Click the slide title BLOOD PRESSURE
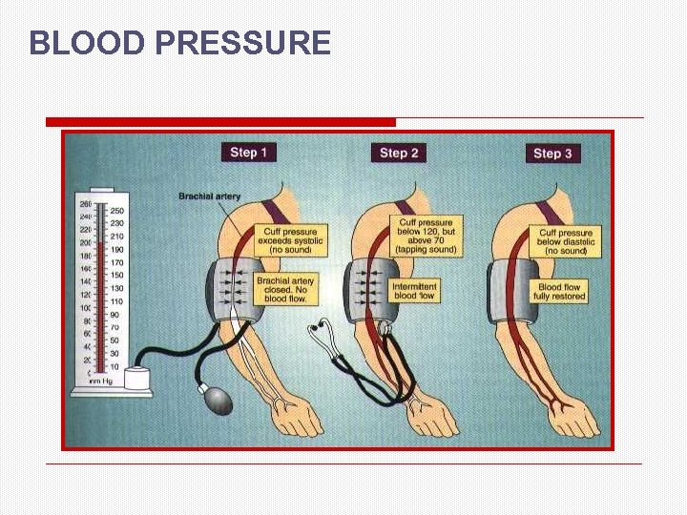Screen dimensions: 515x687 (x=179, y=43)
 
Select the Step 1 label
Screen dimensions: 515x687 (x=248, y=152)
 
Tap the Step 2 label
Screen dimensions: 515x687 (x=399, y=153)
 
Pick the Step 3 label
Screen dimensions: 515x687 (x=552, y=154)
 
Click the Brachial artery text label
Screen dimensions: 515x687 (x=209, y=196)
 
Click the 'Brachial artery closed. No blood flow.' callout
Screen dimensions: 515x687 (x=285, y=290)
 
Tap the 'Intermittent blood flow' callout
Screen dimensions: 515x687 (x=415, y=291)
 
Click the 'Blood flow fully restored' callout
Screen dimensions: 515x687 (x=560, y=292)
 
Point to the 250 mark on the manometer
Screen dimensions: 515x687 (x=116, y=211)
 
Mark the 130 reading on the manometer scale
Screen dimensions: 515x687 (x=116, y=288)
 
